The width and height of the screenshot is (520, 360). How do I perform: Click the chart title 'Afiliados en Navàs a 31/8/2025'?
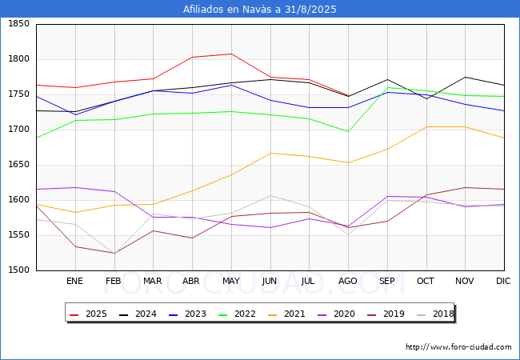point(260,10)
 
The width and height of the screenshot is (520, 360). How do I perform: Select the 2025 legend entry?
point(88,314)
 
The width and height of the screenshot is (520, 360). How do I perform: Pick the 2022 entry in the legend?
point(237,314)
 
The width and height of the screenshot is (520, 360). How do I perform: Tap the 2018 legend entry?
point(435,314)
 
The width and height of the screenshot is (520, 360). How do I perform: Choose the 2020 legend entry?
point(336,314)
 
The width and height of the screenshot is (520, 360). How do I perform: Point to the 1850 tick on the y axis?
point(19,24)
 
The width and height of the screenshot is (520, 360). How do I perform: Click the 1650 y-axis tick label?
point(19,165)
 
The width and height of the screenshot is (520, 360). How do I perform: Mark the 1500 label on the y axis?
point(19,270)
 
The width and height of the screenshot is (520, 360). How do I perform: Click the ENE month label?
point(74,281)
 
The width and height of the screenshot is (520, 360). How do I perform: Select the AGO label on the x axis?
point(347,281)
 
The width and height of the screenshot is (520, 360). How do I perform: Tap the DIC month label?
point(503,281)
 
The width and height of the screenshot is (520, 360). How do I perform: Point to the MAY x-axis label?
point(231,281)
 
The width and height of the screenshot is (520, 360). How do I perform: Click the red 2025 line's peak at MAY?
point(231,54)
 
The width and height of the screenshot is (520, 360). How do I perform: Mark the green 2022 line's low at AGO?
point(348,132)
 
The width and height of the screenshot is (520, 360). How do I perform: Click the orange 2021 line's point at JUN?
point(270,153)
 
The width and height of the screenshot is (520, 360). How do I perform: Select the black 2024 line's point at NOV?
point(466,78)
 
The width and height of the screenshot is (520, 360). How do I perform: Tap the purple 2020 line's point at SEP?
point(387,196)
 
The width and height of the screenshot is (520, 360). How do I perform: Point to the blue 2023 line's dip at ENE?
point(76,114)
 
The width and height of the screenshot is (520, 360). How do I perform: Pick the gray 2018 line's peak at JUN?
point(270,195)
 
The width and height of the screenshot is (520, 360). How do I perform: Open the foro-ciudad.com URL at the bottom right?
point(458,347)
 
